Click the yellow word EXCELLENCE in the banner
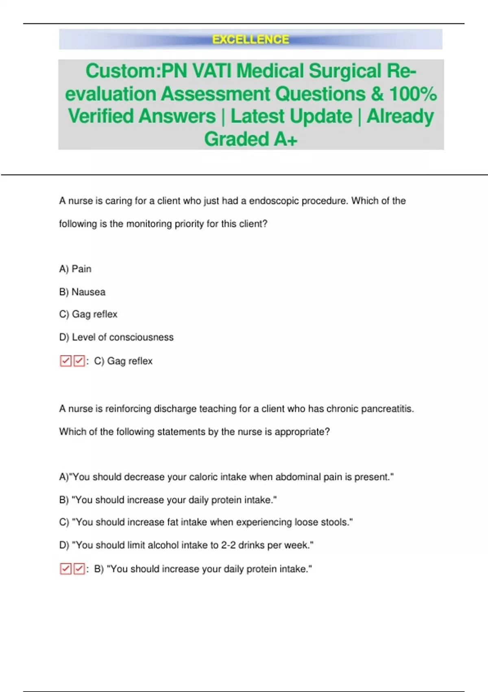(x=251, y=39)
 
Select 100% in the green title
(x=413, y=94)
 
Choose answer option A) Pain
(x=75, y=269)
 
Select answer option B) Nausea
(x=82, y=292)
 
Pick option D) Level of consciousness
(x=116, y=337)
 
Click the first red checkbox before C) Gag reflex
(x=65, y=361)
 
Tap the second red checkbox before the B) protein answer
(x=79, y=569)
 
